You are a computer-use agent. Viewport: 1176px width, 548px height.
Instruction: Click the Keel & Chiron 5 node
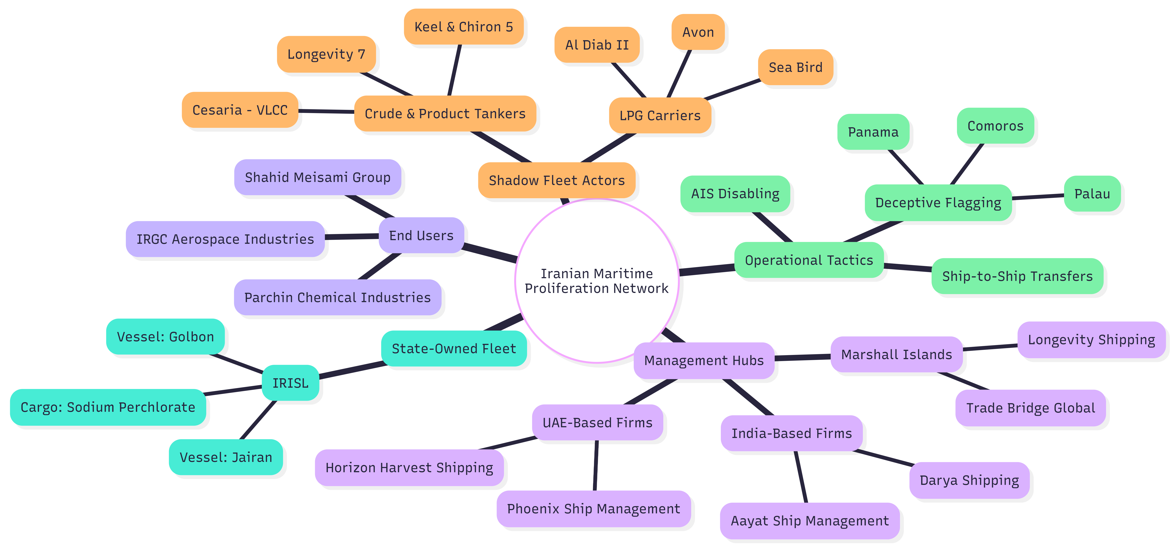[463, 27]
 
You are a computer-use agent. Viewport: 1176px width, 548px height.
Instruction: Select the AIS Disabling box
[735, 194]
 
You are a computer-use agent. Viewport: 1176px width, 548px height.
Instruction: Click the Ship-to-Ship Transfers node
[1017, 276]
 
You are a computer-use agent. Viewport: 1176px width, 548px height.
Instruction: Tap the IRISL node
[290, 383]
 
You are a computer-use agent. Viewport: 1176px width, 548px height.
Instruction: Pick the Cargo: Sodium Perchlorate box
[108, 407]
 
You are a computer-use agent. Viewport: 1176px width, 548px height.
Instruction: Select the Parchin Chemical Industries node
[337, 298]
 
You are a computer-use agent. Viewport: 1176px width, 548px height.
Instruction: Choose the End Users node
[421, 235]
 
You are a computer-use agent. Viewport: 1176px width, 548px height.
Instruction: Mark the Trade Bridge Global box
[1030, 408]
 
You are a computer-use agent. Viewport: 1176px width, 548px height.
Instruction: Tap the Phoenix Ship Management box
[594, 509]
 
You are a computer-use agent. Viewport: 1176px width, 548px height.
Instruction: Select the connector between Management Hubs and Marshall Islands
[802, 357]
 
